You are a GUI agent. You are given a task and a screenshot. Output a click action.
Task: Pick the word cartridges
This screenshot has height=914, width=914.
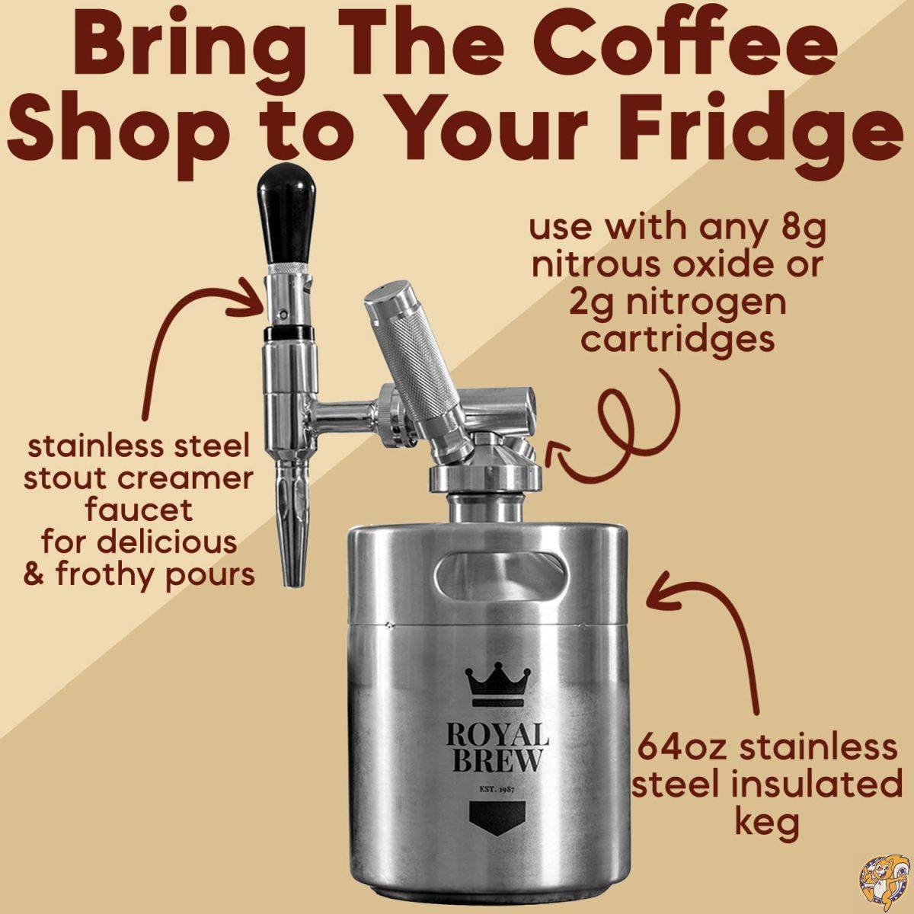(x=677, y=340)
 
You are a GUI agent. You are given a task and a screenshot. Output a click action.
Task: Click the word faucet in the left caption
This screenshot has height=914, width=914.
(x=139, y=509)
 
